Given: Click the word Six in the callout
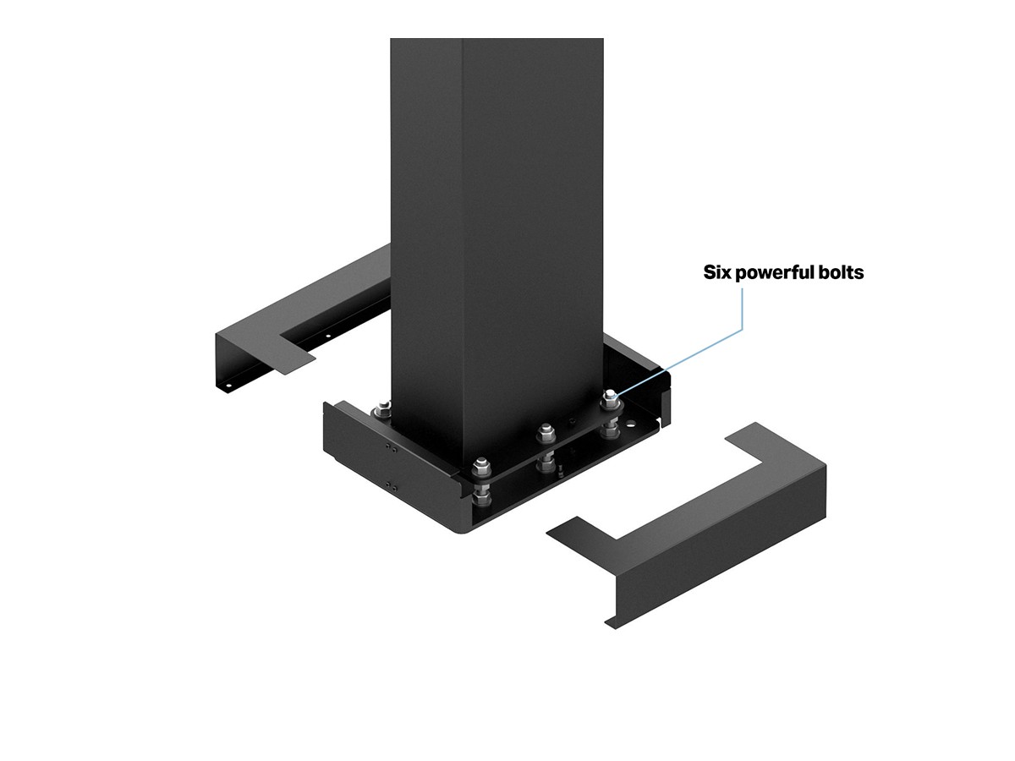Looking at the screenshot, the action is pos(716,272).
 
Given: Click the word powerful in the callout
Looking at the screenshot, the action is pos(775,272).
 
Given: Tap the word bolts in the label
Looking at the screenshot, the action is pos(841,272).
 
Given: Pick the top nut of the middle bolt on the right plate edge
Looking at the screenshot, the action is pos(546,431).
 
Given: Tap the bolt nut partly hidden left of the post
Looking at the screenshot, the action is pos(383,408).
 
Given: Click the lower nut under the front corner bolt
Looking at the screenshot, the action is pos(482,495).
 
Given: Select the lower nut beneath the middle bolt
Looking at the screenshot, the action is pos(547,463).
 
